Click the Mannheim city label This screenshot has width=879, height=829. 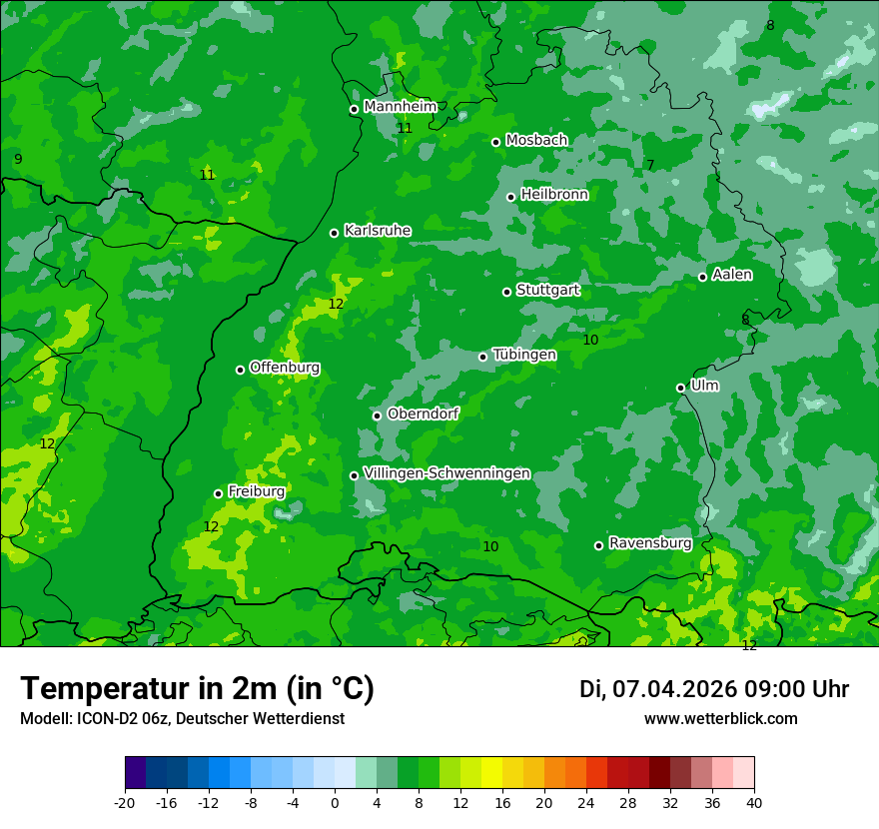pyautogui.click(x=400, y=107)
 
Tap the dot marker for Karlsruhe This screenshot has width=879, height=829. pyautogui.click(x=335, y=233)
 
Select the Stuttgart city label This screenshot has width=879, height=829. pyautogui.click(x=547, y=290)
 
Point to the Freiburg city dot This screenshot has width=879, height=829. pyautogui.click(x=218, y=493)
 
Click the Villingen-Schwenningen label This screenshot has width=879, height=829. pyautogui.click(x=446, y=473)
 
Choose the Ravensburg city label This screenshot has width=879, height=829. pyautogui.click(x=650, y=543)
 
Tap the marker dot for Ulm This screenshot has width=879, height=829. pyautogui.click(x=680, y=388)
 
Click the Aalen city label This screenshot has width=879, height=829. pyautogui.click(x=732, y=275)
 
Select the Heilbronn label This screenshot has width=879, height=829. pyautogui.click(x=554, y=195)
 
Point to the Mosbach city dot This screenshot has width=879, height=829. pyautogui.click(x=495, y=142)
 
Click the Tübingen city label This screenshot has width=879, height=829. pyautogui.click(x=524, y=355)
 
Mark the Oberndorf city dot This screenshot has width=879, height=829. pyautogui.click(x=377, y=415)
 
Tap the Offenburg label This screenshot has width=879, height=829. pyautogui.click(x=285, y=368)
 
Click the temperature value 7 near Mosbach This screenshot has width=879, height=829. pyautogui.click(x=650, y=166)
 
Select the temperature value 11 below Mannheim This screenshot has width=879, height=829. pyautogui.click(x=405, y=129)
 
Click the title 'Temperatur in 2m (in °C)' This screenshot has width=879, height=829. pyautogui.click(x=197, y=689)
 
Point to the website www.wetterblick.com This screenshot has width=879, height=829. pyautogui.click(x=720, y=718)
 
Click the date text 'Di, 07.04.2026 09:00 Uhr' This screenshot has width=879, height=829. pyautogui.click(x=714, y=689)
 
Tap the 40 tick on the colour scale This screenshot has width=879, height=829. pyautogui.click(x=754, y=802)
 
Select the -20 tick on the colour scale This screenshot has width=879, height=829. pyautogui.click(x=125, y=802)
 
